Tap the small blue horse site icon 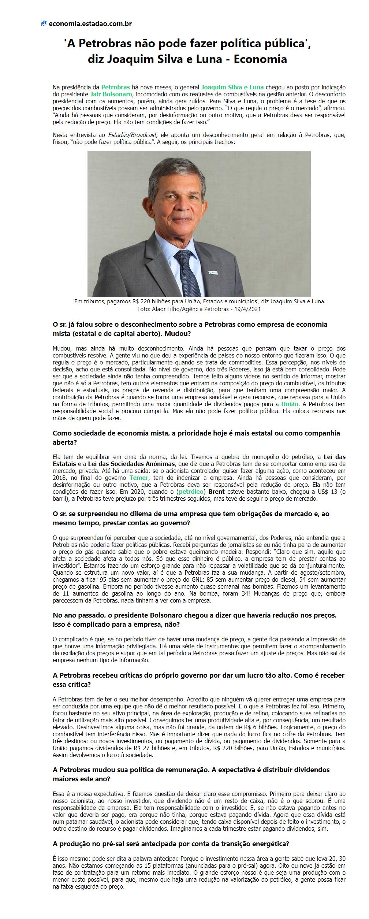pos(44,23)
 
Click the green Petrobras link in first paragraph pos(115,87)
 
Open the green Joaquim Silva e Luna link pos(232,87)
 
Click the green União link pos(290,404)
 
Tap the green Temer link pos(139,478)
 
